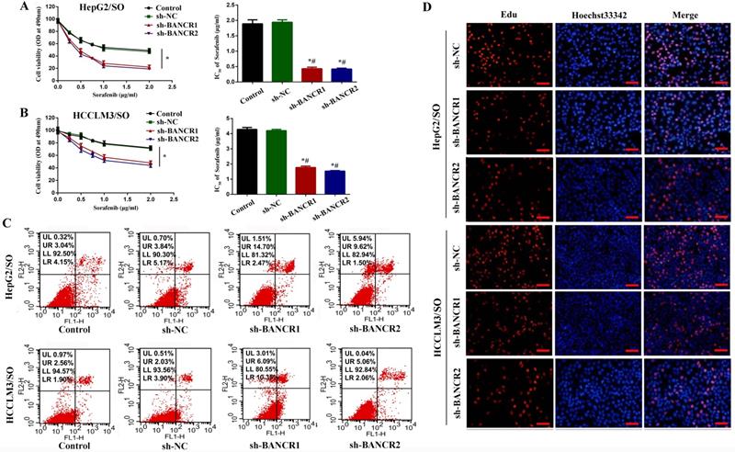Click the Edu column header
(x=508, y=15)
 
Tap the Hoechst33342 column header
(x=597, y=15)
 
